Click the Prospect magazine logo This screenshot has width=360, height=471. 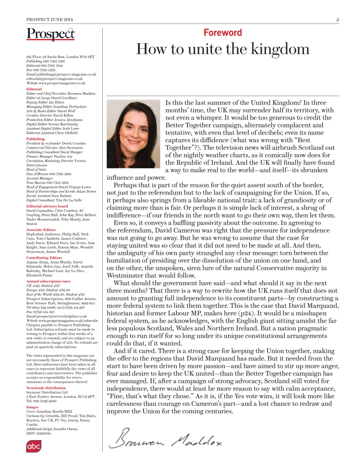(50, 34)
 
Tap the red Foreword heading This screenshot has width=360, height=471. (223, 33)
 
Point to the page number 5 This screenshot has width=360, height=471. (337, 20)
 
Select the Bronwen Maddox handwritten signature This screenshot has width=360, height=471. (166, 439)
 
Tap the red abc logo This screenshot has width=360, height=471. (33, 446)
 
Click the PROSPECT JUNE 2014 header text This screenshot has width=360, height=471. (50, 20)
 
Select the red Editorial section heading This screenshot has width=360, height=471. (34, 89)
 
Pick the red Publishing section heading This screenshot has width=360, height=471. (35, 139)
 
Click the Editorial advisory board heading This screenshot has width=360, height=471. (47, 206)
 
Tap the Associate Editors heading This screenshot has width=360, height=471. (41, 230)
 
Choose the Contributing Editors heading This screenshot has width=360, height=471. (44, 258)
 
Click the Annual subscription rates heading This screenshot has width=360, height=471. (48, 281)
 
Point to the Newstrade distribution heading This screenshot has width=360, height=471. (46, 387)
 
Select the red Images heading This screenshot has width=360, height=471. (32, 407)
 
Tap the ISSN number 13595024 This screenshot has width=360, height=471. (43, 433)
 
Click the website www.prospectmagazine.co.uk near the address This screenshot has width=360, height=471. (62, 83)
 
